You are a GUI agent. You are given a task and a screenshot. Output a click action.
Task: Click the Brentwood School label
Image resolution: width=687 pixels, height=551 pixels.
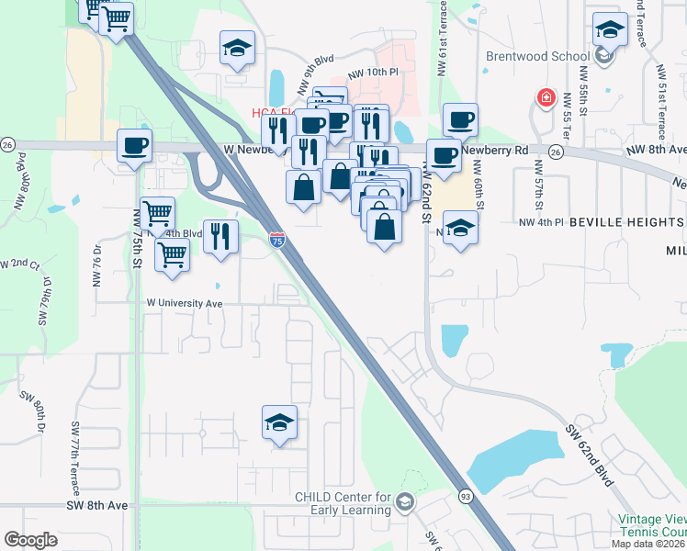(537, 56)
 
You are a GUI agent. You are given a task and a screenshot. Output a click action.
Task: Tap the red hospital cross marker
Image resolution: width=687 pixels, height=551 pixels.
(546, 97)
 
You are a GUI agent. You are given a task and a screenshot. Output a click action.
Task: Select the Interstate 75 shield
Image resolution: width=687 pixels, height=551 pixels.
(277, 239)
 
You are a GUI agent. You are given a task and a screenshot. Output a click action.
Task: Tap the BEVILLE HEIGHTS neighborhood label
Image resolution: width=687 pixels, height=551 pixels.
(626, 222)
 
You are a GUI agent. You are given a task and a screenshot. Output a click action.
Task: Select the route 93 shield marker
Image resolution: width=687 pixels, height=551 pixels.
(466, 495)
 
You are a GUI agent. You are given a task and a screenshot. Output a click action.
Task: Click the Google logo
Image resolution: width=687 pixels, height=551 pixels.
(30, 539)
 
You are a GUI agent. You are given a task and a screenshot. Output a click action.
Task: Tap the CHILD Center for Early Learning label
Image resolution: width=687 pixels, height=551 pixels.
(343, 504)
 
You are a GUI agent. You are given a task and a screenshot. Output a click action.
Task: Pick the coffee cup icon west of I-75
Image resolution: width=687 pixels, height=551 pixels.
(135, 145)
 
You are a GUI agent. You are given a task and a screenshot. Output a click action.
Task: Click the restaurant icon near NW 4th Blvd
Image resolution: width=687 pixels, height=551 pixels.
(220, 236)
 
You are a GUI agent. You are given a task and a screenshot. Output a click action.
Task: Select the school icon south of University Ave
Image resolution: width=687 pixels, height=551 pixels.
(279, 422)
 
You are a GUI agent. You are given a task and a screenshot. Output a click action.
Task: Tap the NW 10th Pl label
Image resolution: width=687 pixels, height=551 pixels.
(374, 73)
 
